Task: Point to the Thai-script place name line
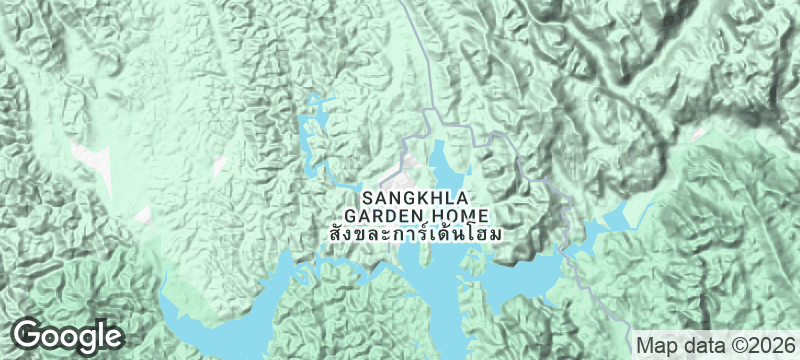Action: tap(415, 234)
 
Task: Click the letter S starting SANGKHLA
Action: tap(367, 198)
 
